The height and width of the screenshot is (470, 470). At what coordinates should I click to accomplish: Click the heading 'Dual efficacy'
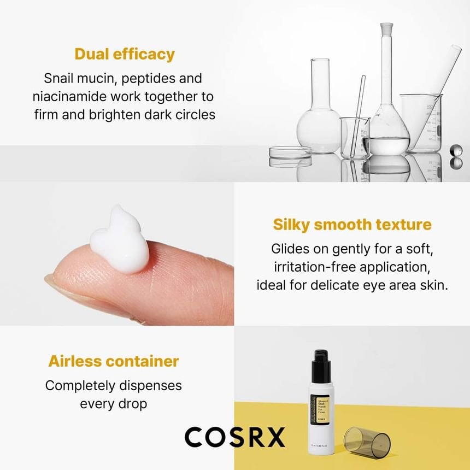(125, 54)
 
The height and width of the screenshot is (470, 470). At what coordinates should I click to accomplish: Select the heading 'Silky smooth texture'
(352, 224)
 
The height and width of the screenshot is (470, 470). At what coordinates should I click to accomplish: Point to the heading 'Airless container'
(114, 361)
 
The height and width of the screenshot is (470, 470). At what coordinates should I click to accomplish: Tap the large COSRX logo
(234, 437)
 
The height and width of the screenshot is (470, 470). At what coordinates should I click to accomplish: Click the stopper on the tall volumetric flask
(387, 28)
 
